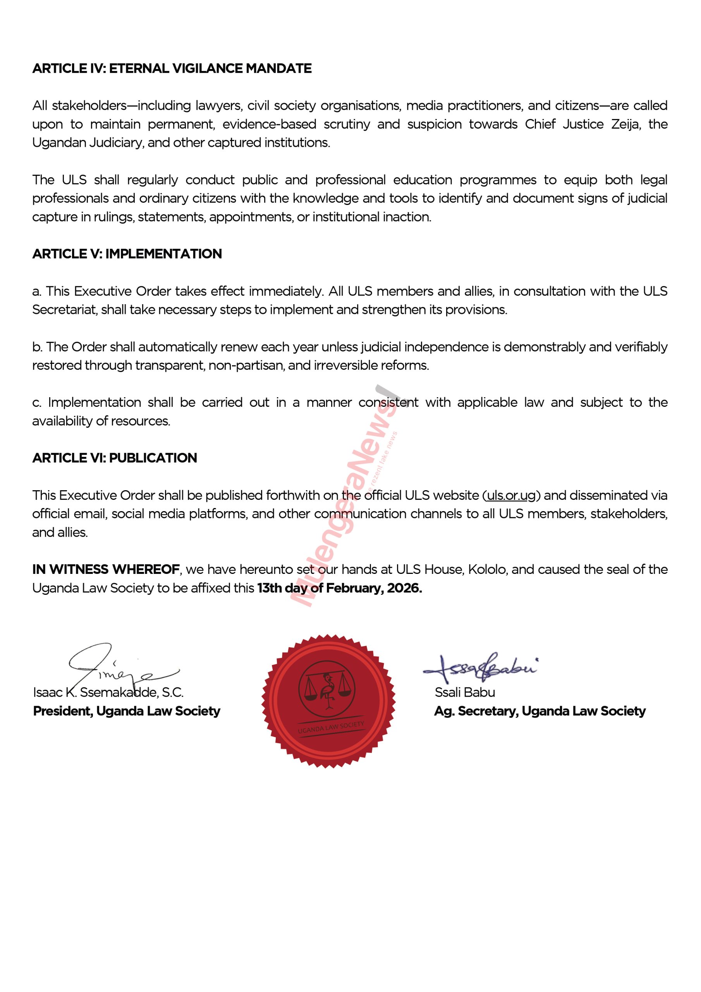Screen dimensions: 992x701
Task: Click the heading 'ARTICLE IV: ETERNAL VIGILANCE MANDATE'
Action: [172, 68]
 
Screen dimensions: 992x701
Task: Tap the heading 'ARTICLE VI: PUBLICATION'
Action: [115, 458]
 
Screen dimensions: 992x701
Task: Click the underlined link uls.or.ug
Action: [511, 495]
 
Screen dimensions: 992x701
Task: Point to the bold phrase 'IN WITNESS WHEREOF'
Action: [106, 570]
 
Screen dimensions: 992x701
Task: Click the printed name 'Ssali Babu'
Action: [465, 692]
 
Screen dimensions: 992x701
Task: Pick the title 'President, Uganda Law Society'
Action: [127, 711]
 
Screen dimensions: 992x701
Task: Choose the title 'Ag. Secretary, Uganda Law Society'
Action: [539, 711]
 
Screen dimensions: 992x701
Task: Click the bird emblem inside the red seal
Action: [327, 689]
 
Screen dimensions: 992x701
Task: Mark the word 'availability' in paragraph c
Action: [62, 421]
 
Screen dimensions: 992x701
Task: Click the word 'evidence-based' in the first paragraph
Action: [270, 124]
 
